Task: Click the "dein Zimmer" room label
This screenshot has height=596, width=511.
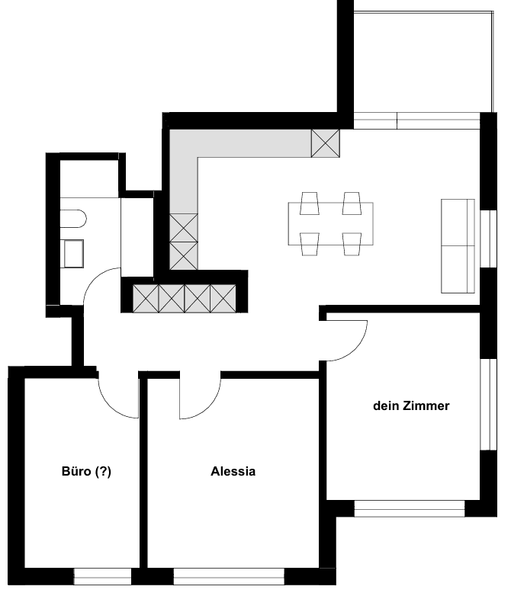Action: pyautogui.click(x=411, y=406)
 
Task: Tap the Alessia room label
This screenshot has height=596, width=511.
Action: pyautogui.click(x=233, y=471)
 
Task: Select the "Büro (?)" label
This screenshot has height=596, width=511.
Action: pyautogui.click(x=86, y=471)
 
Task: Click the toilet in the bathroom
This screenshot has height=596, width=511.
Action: pyautogui.click(x=73, y=219)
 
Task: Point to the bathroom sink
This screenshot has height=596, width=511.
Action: pyautogui.click(x=73, y=254)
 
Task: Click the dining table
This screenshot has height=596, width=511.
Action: pyautogui.click(x=331, y=224)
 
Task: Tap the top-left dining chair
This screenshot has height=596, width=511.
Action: pyautogui.click(x=310, y=203)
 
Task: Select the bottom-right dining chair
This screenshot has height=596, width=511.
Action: pyautogui.click(x=352, y=244)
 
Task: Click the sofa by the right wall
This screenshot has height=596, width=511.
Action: pyautogui.click(x=458, y=246)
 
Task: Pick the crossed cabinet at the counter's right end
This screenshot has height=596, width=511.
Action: pyautogui.click(x=326, y=143)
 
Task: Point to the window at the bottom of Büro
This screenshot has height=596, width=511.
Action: pyautogui.click(x=102, y=576)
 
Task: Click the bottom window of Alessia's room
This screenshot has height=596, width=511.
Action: pyautogui.click(x=229, y=576)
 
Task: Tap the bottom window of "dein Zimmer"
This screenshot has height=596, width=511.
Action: pyautogui.click(x=410, y=508)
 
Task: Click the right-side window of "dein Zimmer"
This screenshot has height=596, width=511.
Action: pyautogui.click(x=488, y=405)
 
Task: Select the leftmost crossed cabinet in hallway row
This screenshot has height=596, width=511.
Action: pyautogui.click(x=146, y=298)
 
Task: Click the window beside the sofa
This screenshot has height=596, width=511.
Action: pyautogui.click(x=488, y=239)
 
